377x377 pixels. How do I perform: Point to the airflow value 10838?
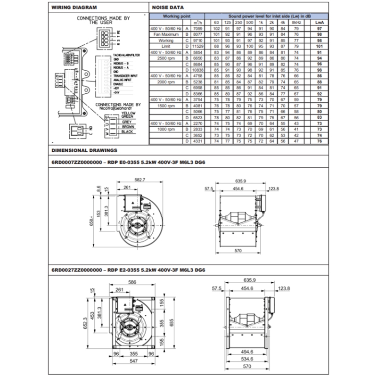point(198,70)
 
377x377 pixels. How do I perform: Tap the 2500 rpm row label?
point(167,58)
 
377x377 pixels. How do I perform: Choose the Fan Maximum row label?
point(167,34)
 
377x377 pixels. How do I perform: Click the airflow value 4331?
point(198,140)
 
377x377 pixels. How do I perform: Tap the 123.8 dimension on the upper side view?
point(274,188)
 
